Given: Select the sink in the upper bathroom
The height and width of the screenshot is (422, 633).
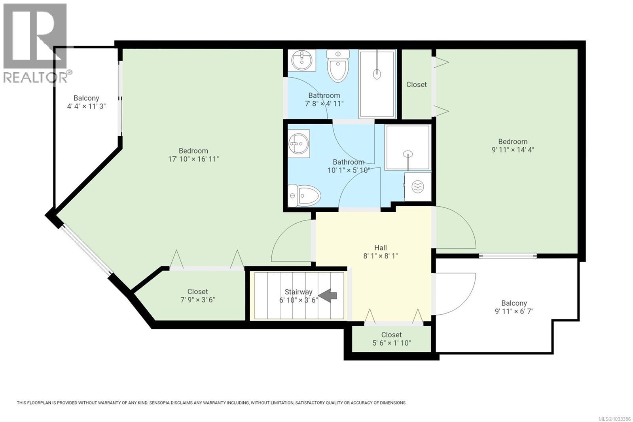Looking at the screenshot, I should [x=301, y=60].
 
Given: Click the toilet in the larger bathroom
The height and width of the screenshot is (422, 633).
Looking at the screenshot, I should [x=305, y=196].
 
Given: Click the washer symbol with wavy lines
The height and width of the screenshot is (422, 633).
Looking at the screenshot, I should [x=418, y=186].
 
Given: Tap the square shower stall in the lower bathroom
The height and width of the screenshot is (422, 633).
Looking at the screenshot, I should [x=408, y=148].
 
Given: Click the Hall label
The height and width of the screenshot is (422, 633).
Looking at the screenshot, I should [x=381, y=248].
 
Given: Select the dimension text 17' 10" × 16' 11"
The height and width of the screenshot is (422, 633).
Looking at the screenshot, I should [x=193, y=159].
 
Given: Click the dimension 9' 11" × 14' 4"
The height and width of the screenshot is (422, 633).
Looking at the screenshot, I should [x=513, y=150].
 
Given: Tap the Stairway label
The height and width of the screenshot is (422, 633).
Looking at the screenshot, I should [x=298, y=292].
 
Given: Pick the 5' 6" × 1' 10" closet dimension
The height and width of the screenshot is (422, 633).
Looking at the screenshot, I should [x=391, y=343].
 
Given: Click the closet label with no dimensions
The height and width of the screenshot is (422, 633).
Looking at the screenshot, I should [x=416, y=84].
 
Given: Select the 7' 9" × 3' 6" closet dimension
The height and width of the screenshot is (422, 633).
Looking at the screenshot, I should [x=197, y=300].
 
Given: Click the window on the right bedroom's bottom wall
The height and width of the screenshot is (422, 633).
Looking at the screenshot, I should [x=508, y=256].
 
